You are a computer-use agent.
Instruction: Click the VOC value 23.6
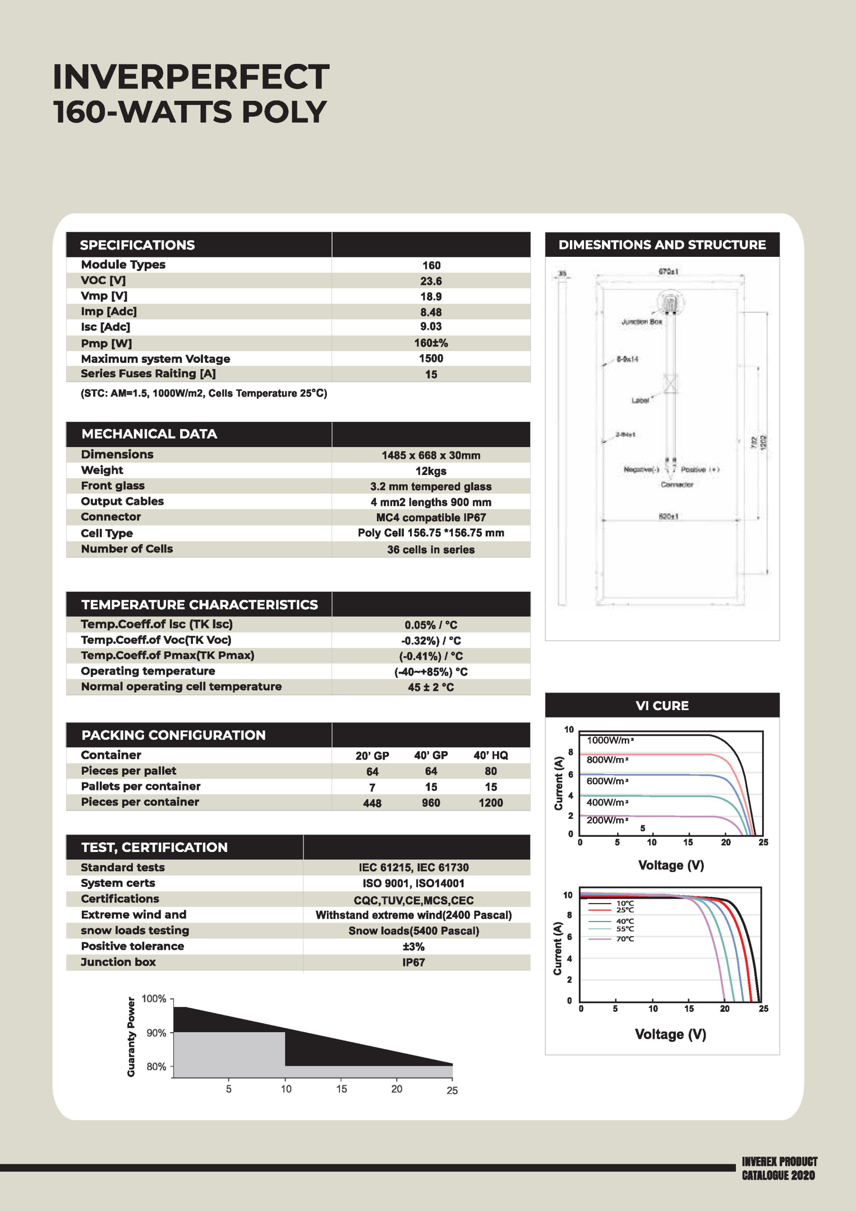coord(431,281)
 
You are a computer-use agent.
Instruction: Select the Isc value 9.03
coord(431,326)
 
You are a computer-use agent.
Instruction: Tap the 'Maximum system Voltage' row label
coord(156,359)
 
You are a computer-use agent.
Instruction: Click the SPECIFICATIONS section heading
coord(137,245)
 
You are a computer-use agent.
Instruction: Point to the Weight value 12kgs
coord(431,471)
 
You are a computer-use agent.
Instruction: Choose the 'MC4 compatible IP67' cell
coord(431,518)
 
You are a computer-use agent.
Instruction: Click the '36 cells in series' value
coord(431,550)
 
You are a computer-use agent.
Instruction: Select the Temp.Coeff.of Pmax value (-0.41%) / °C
coord(431,656)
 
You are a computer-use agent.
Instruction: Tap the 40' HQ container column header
coord(490,755)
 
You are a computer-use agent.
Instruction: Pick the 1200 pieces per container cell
coord(490,803)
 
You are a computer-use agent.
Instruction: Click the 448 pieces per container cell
coord(372,803)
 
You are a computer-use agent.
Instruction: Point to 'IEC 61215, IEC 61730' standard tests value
coord(413,868)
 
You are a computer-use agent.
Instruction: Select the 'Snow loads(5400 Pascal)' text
coord(413,931)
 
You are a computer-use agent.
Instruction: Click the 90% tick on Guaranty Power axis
coord(156,1033)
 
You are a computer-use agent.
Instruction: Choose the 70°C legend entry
coord(625,939)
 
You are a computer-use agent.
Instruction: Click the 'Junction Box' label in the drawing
coord(641,322)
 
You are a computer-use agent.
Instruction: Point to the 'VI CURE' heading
coord(662,706)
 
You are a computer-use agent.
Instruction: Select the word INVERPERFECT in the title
coord(191,78)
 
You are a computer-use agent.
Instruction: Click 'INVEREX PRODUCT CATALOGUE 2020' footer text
coord(779,1168)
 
